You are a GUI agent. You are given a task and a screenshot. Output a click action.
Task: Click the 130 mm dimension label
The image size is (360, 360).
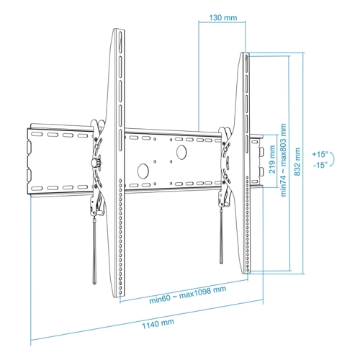[x=223, y=17]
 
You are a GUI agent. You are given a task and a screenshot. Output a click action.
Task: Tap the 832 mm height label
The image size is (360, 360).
[x=297, y=162]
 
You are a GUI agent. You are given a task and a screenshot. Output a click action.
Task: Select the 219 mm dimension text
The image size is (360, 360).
[x=272, y=159]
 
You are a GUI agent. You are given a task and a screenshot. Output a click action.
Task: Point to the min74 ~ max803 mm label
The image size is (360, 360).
[x=284, y=160]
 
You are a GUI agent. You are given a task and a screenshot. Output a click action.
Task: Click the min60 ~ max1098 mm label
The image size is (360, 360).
[x=188, y=294]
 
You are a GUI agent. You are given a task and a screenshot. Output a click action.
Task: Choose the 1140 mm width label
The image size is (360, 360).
[x=158, y=324]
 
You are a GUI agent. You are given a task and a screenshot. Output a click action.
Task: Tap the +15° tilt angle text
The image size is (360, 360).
[x=320, y=154]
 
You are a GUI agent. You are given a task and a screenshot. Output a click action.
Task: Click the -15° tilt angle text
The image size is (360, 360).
[x=320, y=165]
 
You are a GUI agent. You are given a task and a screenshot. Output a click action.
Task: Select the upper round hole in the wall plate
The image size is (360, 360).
[x=181, y=152]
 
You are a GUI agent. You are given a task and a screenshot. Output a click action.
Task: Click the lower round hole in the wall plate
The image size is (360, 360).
[x=143, y=171]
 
